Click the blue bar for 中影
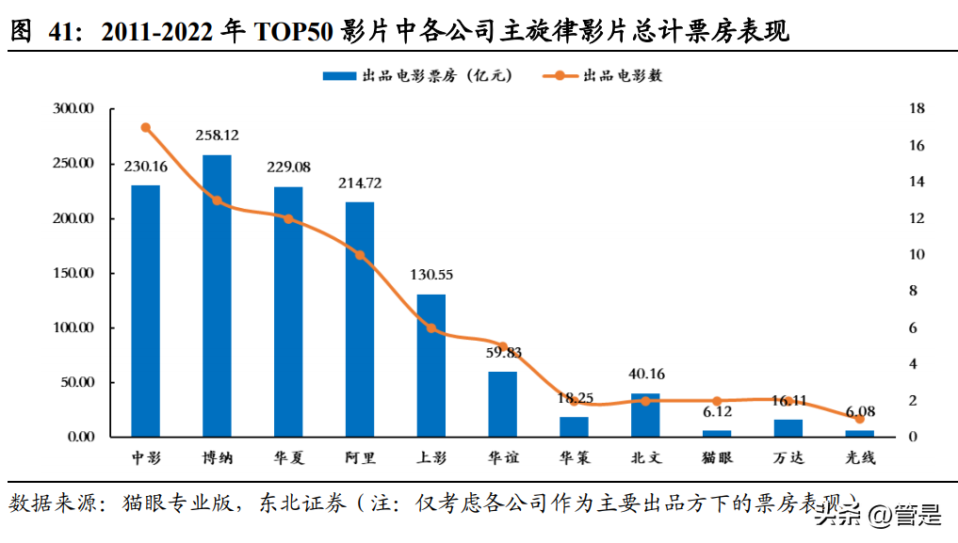[x=145, y=311]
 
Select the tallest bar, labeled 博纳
[x=217, y=295]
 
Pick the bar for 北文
[x=645, y=415]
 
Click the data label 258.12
[x=217, y=136]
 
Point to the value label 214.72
[x=360, y=183]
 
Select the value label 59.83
[x=502, y=353]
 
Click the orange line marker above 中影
[x=145, y=127]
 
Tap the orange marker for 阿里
[x=360, y=255]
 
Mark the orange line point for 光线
[x=859, y=419]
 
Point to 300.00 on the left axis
[x=73, y=109]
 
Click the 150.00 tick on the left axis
[x=73, y=274]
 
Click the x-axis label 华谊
[x=502, y=458]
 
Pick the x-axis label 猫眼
[x=717, y=458]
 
